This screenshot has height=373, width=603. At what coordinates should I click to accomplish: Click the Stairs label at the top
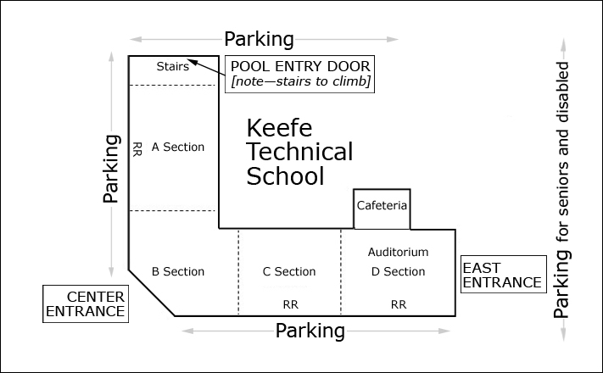coord(173,67)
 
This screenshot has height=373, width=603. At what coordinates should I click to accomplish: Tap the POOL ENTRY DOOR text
coord(301,66)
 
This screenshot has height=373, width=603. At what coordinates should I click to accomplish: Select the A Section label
coord(178,147)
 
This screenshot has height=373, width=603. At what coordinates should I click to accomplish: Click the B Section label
coord(178,271)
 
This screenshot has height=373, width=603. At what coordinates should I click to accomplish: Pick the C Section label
coord(289,271)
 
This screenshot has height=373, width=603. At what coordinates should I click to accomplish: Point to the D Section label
coord(398,271)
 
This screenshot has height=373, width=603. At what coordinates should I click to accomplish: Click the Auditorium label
coord(398,252)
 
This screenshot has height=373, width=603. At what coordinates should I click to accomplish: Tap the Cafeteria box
coord(382,206)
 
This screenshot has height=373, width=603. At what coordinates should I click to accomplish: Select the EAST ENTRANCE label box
coord(500,275)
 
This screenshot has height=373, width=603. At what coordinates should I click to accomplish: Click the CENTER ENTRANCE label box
coord(86,303)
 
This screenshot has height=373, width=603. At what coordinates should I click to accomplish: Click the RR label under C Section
coord(289,303)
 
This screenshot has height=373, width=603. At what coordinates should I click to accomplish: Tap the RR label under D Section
coord(398,303)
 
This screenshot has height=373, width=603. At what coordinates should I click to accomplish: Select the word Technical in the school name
coord(299,153)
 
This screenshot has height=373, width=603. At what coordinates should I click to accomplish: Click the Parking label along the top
coord(259,39)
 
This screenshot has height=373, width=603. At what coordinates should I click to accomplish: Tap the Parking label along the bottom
coord(310,330)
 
